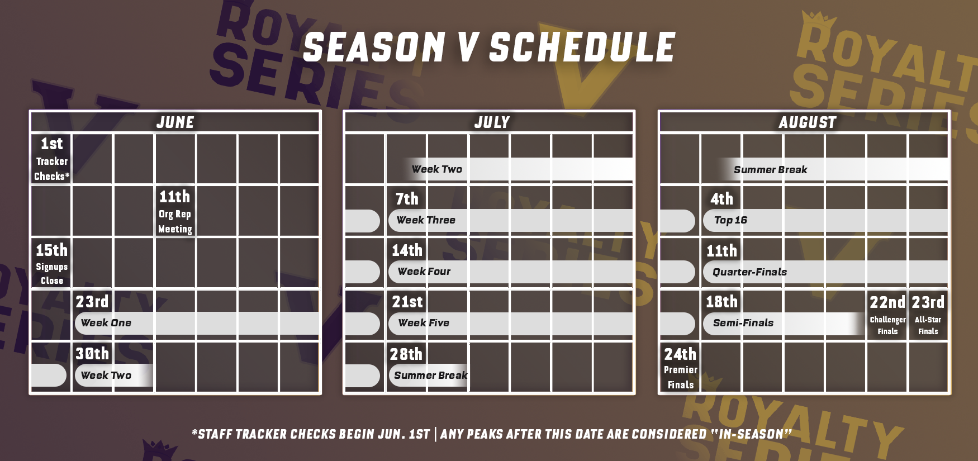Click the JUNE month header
pyautogui.click(x=175, y=122)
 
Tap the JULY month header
pyautogui.click(x=492, y=122)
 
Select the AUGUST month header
pyautogui.click(x=808, y=122)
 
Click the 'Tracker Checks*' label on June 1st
pyautogui.click(x=52, y=169)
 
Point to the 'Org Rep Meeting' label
pyautogui.click(x=175, y=221)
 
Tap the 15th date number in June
pyautogui.click(x=51, y=250)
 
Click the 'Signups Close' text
pyautogui.click(x=52, y=274)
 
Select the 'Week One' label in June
pyautogui.click(x=106, y=323)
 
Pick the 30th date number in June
pyautogui.click(x=92, y=354)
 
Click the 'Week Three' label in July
pyautogui.click(x=426, y=220)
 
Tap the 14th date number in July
pyautogui.click(x=407, y=250)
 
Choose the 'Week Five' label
pyautogui.click(x=424, y=323)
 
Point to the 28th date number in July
pyautogui.click(x=406, y=354)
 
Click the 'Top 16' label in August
pyautogui.click(x=730, y=220)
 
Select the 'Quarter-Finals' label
pyautogui.click(x=749, y=272)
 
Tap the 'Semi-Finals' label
pyautogui.click(x=743, y=323)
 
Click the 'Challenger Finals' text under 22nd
pyautogui.click(x=887, y=325)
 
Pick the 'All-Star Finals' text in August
pyautogui.click(x=928, y=325)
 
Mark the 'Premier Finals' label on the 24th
pyautogui.click(x=681, y=377)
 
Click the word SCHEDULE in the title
pyautogui.click(x=582, y=47)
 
